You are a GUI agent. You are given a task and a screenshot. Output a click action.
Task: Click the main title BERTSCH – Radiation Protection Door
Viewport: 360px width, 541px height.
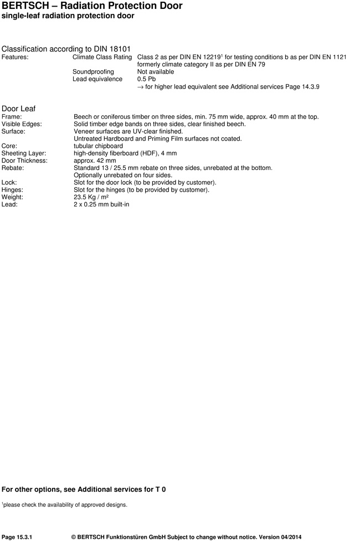click(92, 6)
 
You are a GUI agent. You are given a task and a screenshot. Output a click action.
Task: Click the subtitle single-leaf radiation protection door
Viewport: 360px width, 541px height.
click(68, 16)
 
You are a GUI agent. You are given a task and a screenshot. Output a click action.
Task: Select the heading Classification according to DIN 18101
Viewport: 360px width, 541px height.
click(66, 49)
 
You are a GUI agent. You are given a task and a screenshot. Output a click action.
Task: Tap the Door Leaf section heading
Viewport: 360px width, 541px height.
click(19, 109)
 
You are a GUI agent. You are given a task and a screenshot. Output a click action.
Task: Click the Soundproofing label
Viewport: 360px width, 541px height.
click(93, 72)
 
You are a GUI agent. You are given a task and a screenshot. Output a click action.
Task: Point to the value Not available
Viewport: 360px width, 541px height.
click(155, 72)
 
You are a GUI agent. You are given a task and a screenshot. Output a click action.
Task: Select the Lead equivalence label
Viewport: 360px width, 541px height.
click(97, 79)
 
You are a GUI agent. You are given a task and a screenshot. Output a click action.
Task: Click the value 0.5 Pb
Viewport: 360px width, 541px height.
click(146, 79)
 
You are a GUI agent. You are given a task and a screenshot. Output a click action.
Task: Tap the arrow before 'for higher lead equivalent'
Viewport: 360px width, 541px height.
click(140, 87)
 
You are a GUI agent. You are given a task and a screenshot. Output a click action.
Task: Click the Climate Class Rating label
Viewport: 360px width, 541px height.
click(102, 57)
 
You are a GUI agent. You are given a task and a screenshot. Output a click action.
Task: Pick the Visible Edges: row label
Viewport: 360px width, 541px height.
click(22, 125)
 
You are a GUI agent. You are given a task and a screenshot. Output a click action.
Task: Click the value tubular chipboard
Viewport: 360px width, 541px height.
click(98, 146)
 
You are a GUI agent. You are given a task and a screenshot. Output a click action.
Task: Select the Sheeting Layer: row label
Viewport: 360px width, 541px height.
click(24, 153)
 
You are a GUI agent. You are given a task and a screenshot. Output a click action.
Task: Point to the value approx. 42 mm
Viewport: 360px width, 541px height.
click(95, 161)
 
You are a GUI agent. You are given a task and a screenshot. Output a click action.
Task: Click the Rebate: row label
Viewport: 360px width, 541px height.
click(12, 168)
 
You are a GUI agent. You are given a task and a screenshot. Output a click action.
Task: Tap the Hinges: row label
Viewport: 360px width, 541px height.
click(12, 190)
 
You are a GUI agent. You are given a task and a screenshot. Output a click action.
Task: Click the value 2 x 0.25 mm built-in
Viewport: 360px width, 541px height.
click(101, 204)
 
